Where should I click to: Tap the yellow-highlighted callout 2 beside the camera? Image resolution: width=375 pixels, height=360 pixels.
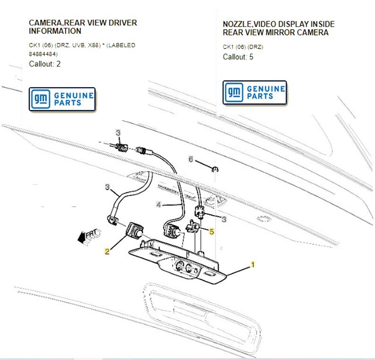107,251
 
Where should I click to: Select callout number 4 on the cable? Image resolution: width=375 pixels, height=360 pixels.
159,205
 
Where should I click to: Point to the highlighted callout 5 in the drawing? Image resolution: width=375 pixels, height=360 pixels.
212,232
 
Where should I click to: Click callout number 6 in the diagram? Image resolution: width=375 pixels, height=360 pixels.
191,159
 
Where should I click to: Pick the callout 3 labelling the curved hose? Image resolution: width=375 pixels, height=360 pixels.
108,187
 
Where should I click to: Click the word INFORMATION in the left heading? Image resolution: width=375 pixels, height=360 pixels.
55,31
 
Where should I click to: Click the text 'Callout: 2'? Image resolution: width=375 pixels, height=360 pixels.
45,64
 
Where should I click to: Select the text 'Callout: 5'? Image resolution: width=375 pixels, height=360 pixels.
238,57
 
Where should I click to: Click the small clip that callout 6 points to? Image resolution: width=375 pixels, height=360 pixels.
214,168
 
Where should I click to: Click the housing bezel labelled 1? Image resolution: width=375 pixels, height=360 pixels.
179,264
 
